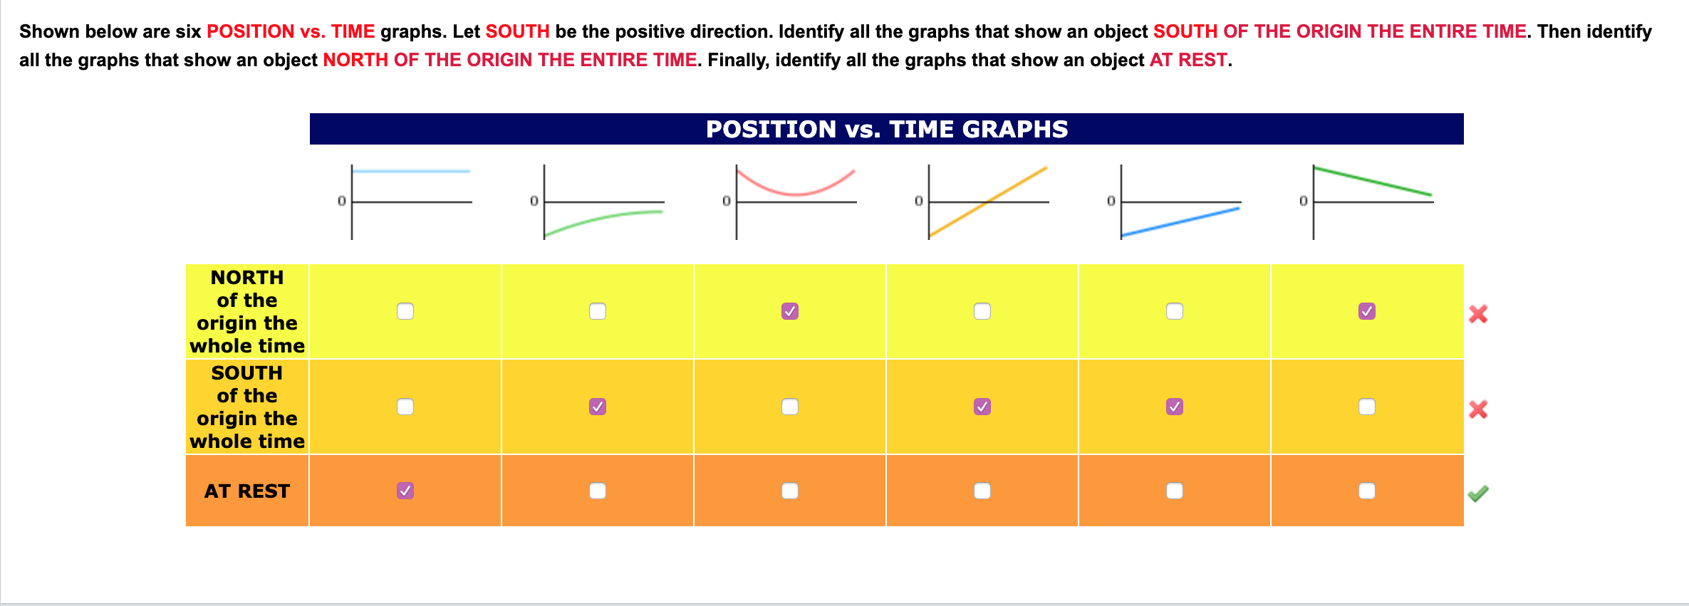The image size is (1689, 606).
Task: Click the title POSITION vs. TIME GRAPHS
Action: [886, 129]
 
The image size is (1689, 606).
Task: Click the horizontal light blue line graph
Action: [411, 171]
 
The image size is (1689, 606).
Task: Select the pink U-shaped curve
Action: [795, 192]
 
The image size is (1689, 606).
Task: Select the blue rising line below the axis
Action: [1180, 221]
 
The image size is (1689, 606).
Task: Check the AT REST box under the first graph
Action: [405, 491]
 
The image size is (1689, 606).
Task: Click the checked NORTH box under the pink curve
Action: [790, 311]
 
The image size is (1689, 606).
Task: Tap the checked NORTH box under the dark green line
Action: [1367, 311]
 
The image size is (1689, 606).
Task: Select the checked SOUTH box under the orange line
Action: [982, 407]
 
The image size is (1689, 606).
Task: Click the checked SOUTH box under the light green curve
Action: [598, 407]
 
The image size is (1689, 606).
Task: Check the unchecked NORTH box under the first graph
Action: [405, 311]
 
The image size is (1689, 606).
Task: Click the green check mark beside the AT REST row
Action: [1478, 493]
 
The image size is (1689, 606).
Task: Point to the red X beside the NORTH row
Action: [1478, 314]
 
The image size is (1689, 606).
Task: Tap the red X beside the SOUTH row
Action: [1478, 409]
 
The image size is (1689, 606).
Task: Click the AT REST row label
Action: [246, 491]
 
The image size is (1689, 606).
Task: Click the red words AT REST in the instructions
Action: [1188, 60]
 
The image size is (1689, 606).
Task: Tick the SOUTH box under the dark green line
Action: [1367, 407]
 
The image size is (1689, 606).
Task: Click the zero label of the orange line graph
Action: [919, 201]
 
